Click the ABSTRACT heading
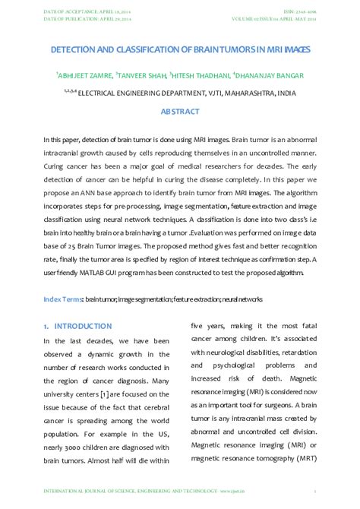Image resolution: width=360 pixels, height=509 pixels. (180, 112)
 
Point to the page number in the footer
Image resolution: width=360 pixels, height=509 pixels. (315, 492)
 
